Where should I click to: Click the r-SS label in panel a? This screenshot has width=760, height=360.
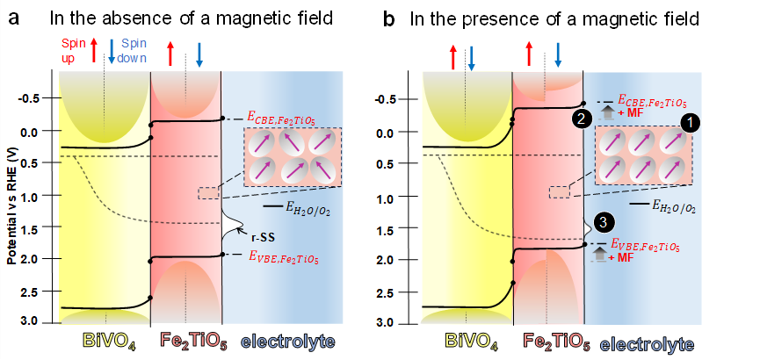point(258,234)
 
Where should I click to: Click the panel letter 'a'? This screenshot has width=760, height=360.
point(13,17)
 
